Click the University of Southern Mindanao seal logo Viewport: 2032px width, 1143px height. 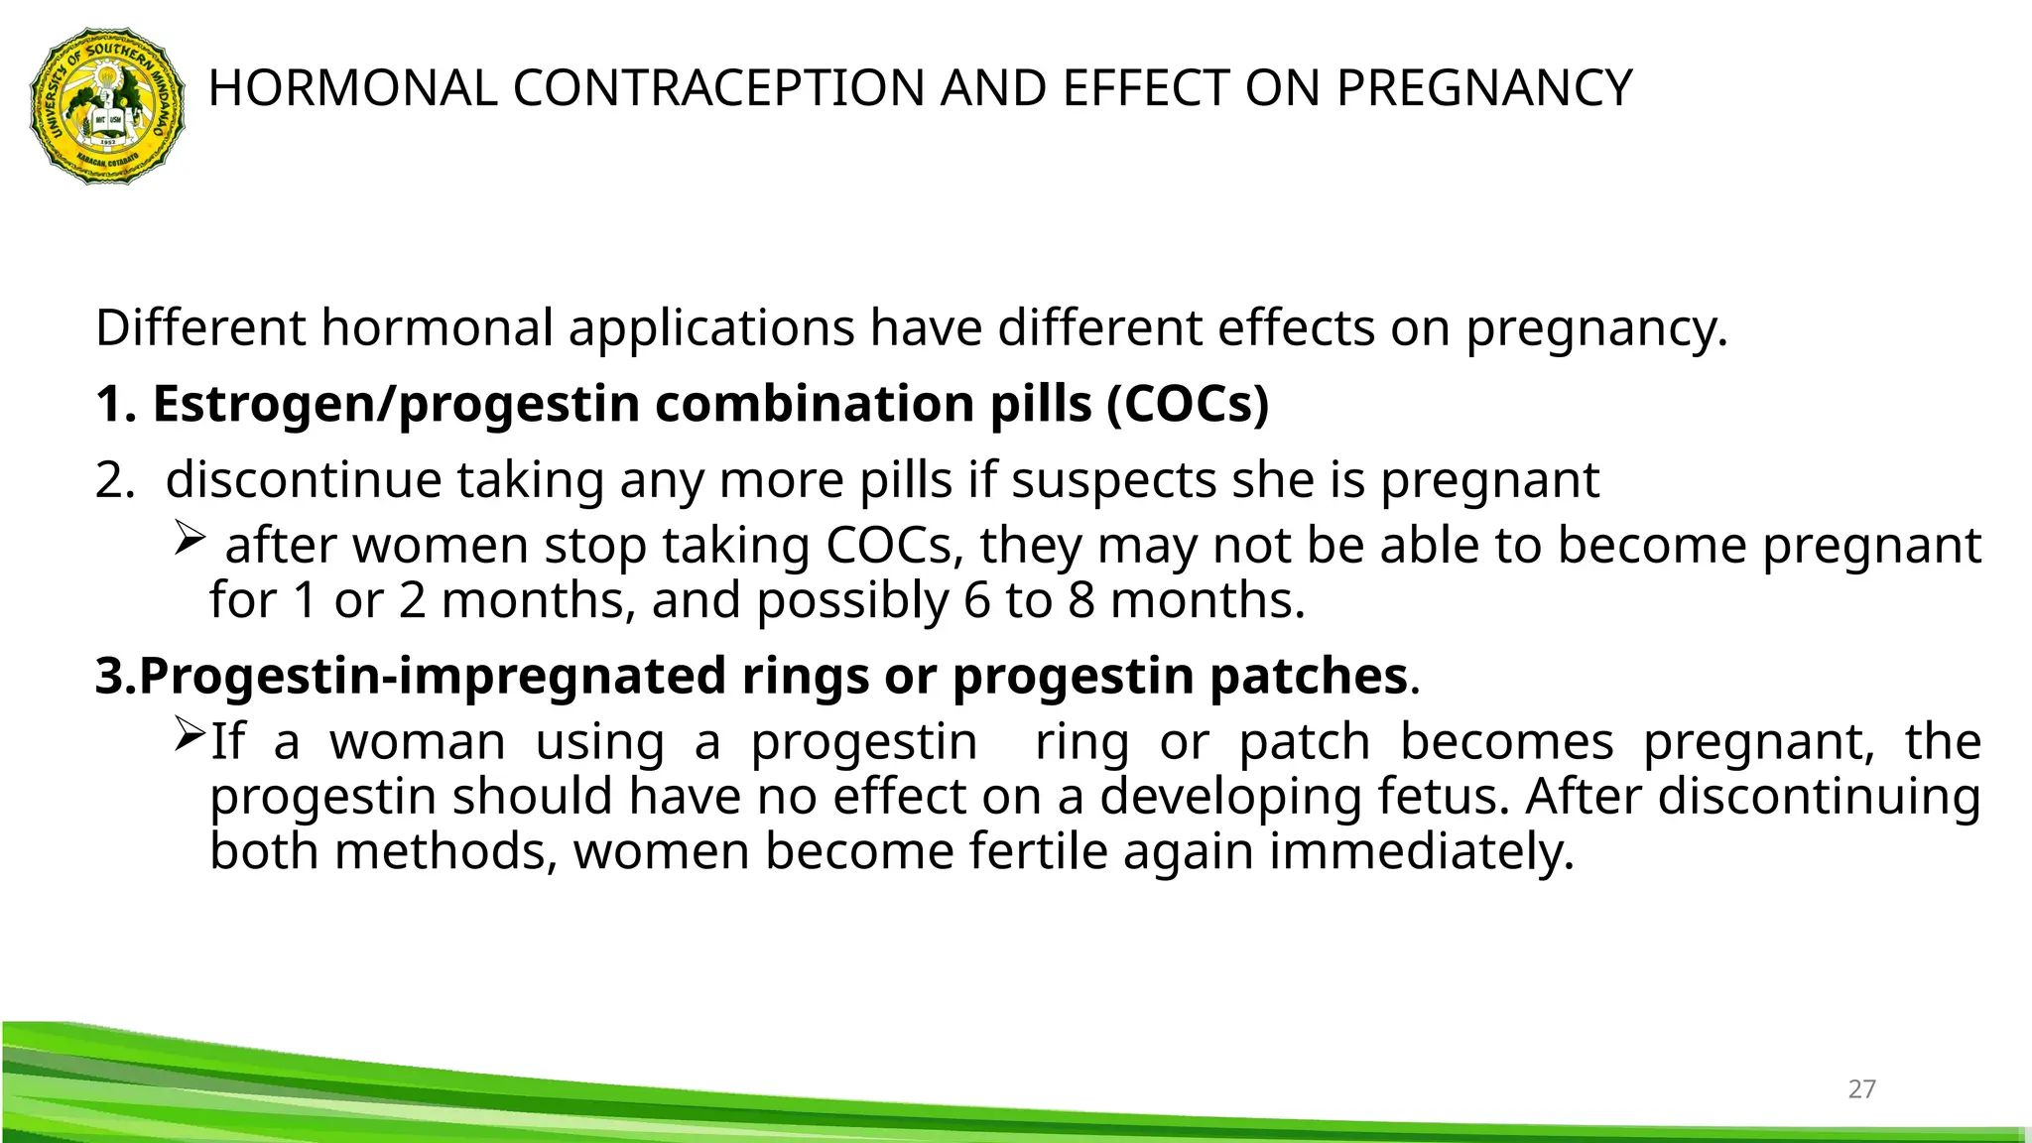(x=107, y=105)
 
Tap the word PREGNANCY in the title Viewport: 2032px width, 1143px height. (x=1483, y=88)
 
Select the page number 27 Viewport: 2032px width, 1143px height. (x=1861, y=1089)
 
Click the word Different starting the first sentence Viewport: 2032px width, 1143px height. (x=199, y=327)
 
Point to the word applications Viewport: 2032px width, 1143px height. (x=711, y=329)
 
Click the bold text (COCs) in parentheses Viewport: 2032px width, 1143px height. (x=1188, y=404)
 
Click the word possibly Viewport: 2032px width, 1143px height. (x=852, y=601)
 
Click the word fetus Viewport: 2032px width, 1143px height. (x=1448, y=797)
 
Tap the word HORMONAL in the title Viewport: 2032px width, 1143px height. (x=352, y=88)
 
